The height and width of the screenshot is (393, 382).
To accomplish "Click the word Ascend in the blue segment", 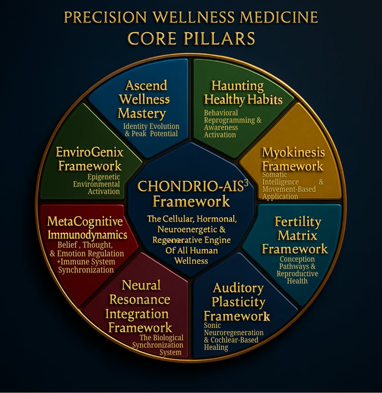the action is tap(146, 85).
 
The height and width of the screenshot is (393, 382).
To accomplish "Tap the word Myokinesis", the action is tap(293, 152).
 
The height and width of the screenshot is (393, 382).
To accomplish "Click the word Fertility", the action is tap(298, 222).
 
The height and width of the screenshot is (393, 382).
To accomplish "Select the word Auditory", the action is tap(238, 288).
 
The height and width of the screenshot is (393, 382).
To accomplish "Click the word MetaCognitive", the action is tap(84, 221).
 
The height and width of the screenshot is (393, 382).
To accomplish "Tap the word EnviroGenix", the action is tap(90, 151).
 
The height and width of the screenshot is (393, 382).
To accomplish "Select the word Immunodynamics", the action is tap(87, 235).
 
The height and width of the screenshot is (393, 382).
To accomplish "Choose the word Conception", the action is tap(297, 259).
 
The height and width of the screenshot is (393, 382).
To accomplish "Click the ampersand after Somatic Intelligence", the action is tap(321, 182).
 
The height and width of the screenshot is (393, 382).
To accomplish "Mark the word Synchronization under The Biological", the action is tap(160, 345).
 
